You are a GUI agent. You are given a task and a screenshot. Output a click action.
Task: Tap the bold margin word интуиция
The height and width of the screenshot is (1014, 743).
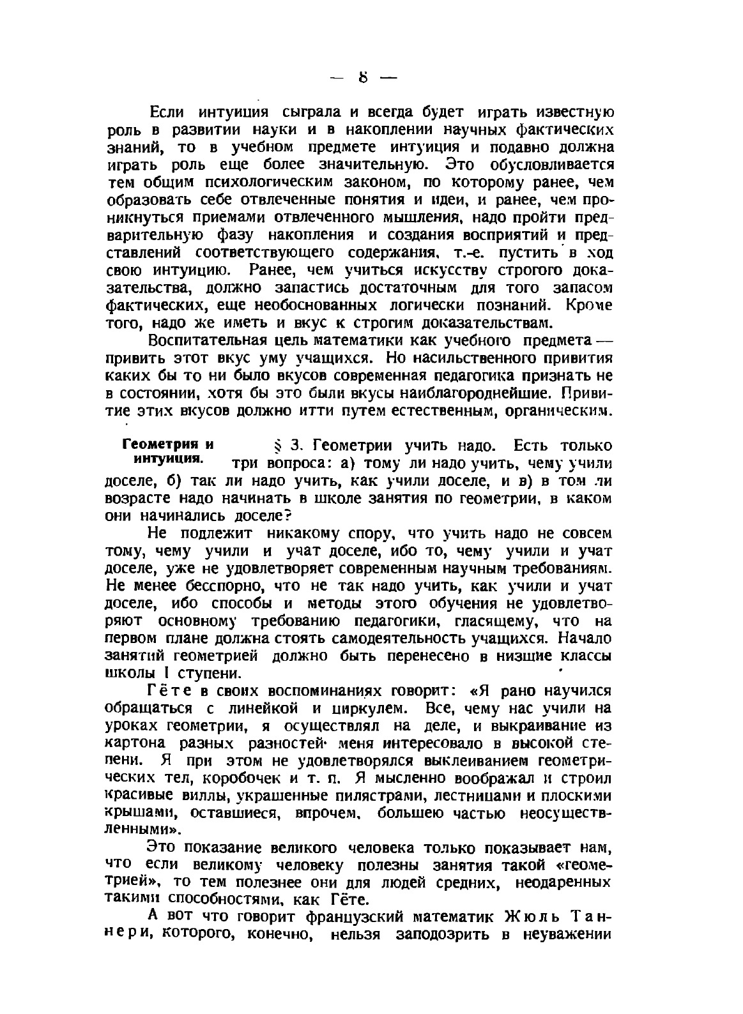(168, 459)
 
